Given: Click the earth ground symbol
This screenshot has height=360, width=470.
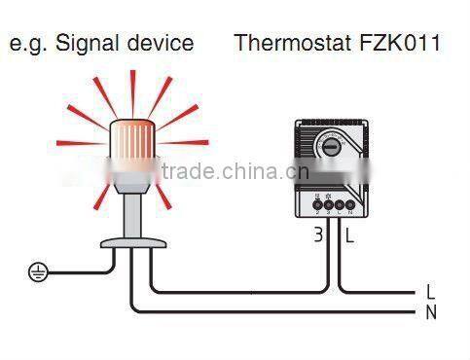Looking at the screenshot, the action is (36, 272).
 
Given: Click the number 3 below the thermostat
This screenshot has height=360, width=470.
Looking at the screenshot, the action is (318, 234).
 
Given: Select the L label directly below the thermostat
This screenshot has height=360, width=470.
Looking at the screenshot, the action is (348, 234).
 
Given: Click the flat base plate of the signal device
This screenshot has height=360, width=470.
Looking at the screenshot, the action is (129, 240).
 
